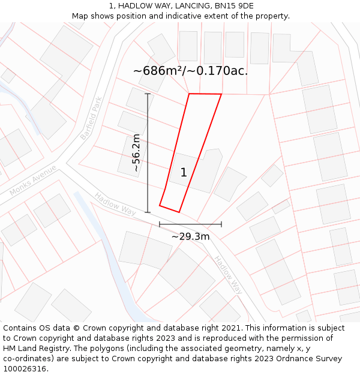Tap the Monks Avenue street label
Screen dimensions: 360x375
(33, 180)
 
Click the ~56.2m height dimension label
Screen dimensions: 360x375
(137, 153)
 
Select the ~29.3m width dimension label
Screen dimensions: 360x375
(190, 236)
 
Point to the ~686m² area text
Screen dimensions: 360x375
(157, 71)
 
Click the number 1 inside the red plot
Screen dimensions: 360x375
(184, 173)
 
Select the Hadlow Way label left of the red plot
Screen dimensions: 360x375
(116, 203)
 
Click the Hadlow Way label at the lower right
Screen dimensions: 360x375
(227, 275)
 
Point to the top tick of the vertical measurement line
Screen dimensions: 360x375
(148, 94)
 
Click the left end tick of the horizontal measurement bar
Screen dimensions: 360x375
(160, 224)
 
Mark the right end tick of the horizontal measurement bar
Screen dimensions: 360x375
(221, 224)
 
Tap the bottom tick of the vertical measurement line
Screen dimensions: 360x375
(148, 212)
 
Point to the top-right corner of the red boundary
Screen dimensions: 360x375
(221, 94)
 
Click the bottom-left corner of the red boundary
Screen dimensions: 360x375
(160, 206)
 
